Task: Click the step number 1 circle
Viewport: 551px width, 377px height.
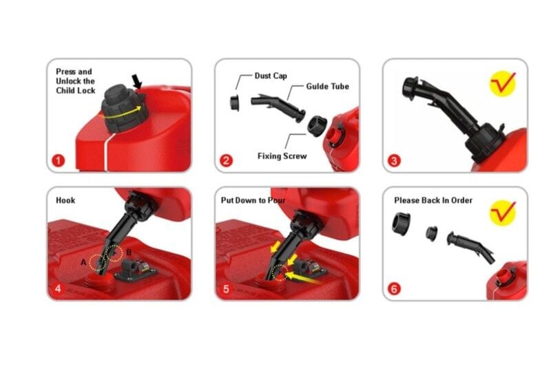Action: click(59, 161)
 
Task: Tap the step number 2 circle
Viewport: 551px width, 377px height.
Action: click(226, 161)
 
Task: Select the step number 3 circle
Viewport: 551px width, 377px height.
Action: click(394, 161)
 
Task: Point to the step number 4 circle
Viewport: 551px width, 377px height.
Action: click(59, 288)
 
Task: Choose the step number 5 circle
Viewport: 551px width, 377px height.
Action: click(226, 288)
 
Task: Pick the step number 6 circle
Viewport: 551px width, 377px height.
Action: click(394, 288)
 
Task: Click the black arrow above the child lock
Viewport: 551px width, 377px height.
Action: click(136, 81)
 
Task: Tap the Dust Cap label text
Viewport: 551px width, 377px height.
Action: click(271, 76)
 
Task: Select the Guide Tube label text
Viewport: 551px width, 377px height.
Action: click(328, 87)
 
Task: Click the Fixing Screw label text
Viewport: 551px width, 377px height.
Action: click(282, 156)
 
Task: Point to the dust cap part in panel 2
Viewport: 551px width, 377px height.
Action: click(234, 103)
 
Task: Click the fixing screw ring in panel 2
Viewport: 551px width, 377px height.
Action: click(318, 127)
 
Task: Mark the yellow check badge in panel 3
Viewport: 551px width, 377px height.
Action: click(503, 83)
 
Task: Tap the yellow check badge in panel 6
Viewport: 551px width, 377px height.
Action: click(503, 213)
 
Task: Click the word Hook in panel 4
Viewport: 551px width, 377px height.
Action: click(65, 200)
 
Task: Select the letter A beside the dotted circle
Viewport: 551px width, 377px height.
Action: click(83, 262)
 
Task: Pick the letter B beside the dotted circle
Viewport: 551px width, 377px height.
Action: click(129, 252)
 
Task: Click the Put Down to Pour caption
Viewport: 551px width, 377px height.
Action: click(253, 200)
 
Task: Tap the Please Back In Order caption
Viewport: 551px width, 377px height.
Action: click(433, 200)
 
